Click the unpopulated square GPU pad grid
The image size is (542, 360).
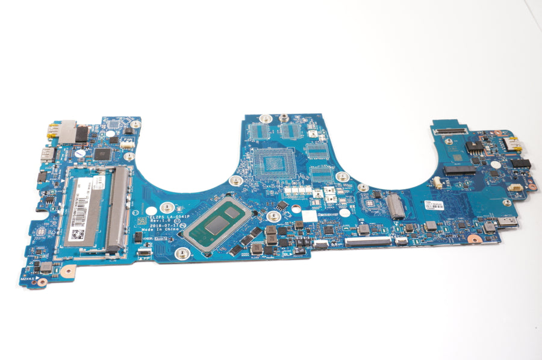point(272,162)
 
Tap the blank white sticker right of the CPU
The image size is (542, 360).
point(309,216)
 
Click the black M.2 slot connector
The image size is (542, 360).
point(459,170)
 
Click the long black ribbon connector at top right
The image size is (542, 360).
point(449,129)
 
